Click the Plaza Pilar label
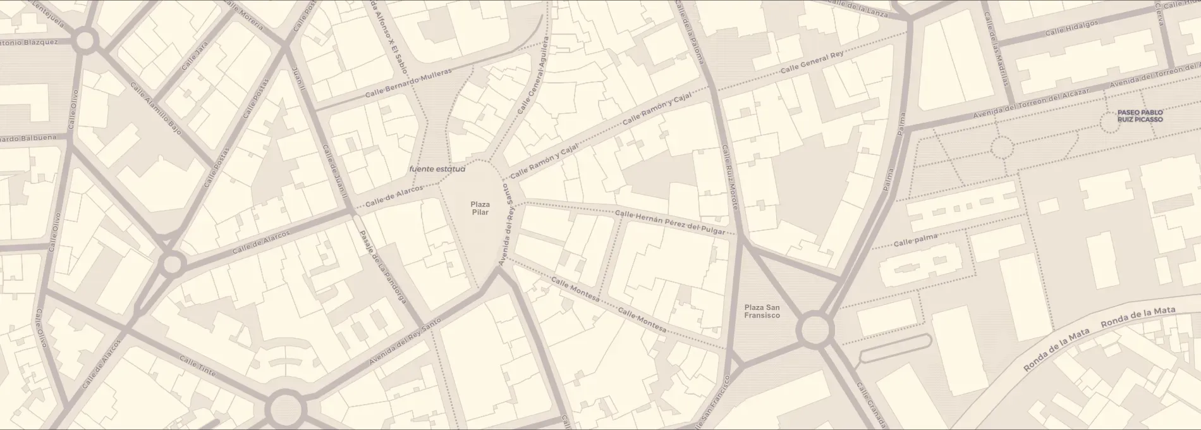pyautogui.click(x=480, y=208)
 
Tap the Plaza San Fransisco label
pyautogui.click(x=762, y=311)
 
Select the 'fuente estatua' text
pyautogui.click(x=437, y=169)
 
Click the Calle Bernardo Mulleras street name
pyautogui.click(x=408, y=83)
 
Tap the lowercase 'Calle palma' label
pyautogui.click(x=915, y=240)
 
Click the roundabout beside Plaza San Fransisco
pyautogui.click(x=815, y=329)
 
